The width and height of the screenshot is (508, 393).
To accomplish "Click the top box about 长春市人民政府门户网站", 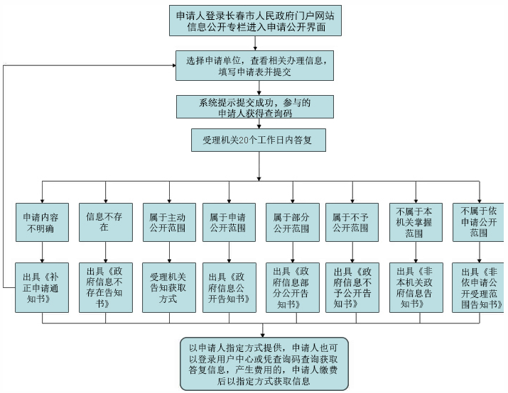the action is pyautogui.click(x=255, y=21).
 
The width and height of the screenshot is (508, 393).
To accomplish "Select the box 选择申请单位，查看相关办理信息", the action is pyautogui.click(x=254, y=65).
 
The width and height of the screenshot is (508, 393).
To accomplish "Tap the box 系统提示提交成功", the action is pyautogui.click(x=255, y=106).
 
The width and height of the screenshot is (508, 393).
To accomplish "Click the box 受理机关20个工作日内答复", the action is pyautogui.click(x=259, y=140).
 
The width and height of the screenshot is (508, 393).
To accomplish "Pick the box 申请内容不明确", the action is pyautogui.click(x=42, y=222).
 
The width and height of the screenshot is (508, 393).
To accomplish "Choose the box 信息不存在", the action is pyautogui.click(x=106, y=222).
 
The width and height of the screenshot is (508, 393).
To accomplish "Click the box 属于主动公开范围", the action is pyautogui.click(x=169, y=222).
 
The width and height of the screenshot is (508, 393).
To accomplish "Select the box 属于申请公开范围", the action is pyautogui.click(x=229, y=222).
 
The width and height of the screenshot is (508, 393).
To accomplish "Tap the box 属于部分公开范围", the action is pyautogui.click(x=293, y=222).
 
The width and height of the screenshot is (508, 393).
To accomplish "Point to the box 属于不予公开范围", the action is pyautogui.click(x=352, y=222).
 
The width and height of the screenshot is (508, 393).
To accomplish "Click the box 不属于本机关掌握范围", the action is pyautogui.click(x=416, y=222).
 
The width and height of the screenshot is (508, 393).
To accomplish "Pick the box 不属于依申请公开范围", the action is pyautogui.click(x=479, y=222).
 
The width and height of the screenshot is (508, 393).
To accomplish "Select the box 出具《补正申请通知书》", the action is pyautogui.click(x=42, y=287).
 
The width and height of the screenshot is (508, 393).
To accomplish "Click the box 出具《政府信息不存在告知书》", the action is pyautogui.click(x=106, y=287).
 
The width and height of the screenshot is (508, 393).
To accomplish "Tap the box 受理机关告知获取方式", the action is pyautogui.click(x=169, y=287).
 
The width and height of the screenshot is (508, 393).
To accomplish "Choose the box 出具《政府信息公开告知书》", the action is pyautogui.click(x=229, y=287).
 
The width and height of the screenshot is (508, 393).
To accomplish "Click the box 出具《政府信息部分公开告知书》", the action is pyautogui.click(x=293, y=287).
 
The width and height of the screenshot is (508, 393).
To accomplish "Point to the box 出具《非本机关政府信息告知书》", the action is pyautogui.click(x=416, y=287).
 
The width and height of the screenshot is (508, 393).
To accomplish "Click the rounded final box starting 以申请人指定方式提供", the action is pyautogui.click(x=264, y=364).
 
